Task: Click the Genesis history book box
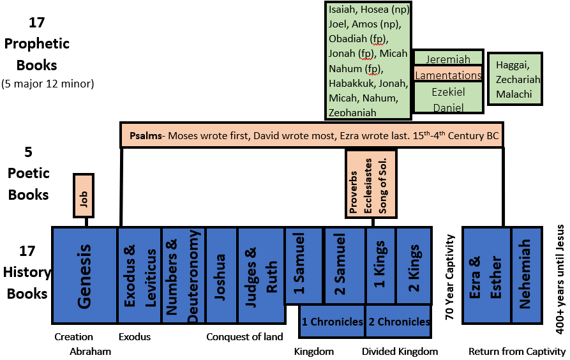point(84,274)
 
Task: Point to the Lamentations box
point(447,75)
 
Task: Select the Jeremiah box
point(447,58)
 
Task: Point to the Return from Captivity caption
point(517,352)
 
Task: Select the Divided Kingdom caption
point(400,352)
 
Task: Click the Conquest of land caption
point(244,337)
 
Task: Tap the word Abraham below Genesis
point(91,352)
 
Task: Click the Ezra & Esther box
point(486,274)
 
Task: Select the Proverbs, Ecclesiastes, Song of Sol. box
point(371,183)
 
